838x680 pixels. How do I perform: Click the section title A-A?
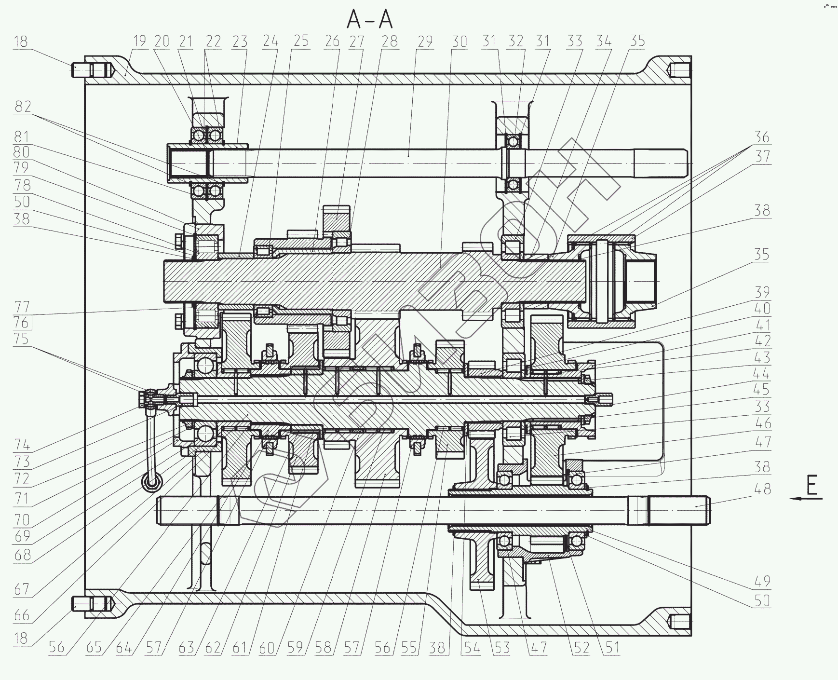[370, 20]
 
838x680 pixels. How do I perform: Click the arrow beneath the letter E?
[805, 499]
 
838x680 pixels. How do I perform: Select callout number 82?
[22, 106]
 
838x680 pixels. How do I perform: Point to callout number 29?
[425, 41]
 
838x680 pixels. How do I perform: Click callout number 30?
[459, 41]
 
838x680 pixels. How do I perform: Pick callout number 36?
[761, 137]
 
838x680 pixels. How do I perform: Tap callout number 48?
[761, 489]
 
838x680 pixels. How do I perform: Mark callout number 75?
[22, 339]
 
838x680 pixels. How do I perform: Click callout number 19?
[139, 41]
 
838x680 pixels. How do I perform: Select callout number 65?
[94, 647]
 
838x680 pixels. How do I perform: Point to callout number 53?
[502, 647]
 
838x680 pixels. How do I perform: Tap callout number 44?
[761, 373]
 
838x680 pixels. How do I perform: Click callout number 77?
[22, 306]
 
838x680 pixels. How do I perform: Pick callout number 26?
[332, 41]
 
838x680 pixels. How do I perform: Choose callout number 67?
[22, 589]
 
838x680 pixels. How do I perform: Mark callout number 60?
[266, 647]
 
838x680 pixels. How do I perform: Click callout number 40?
[761, 308]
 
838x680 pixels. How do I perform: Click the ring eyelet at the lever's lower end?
[152, 482]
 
